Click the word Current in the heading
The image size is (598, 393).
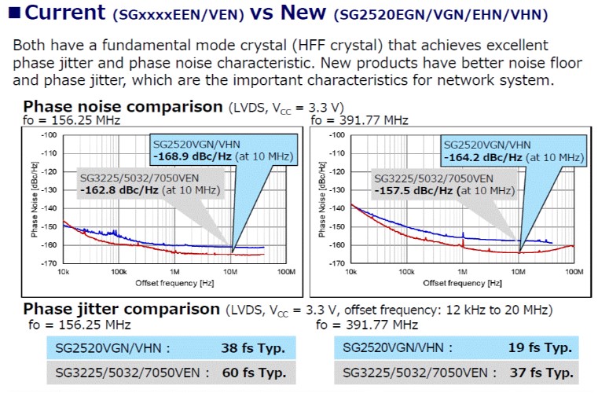(64, 13)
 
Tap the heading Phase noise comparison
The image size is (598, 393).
(123, 106)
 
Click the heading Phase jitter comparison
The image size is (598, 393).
(123, 308)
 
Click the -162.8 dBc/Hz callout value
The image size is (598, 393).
(127, 189)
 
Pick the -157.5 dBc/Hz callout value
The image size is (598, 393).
(413, 189)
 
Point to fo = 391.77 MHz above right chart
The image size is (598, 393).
(360, 120)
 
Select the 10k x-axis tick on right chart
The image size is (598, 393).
(346, 271)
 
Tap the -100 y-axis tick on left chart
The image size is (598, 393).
(49, 135)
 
